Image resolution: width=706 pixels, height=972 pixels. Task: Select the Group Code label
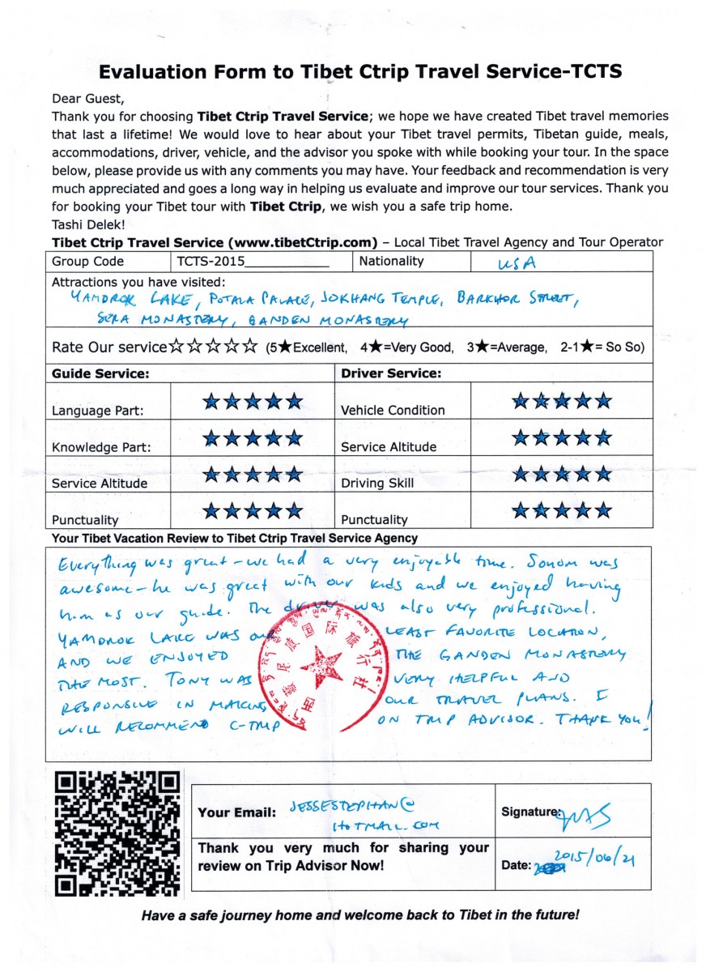coord(88,262)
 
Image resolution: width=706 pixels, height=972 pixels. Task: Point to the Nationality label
coord(391,261)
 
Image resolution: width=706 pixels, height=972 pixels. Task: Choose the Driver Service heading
coord(391,374)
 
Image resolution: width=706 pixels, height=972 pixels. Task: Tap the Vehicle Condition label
coord(393,410)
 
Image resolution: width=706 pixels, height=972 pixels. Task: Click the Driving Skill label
coord(377,483)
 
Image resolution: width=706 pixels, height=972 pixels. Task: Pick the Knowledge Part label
coord(101,447)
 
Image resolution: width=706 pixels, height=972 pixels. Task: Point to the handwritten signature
coord(580,814)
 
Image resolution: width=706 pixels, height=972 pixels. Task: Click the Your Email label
coord(233,812)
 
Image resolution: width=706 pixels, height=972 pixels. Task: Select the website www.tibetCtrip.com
coord(303,242)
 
